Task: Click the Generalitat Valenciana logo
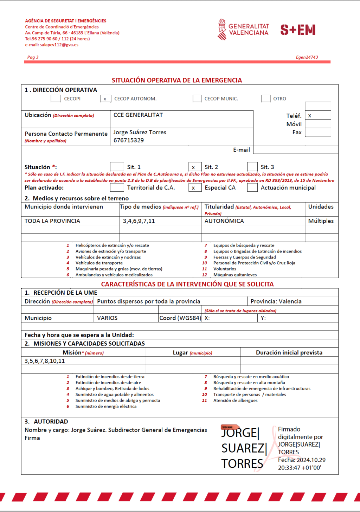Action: pos(243,30)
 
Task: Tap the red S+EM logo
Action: pos(298,30)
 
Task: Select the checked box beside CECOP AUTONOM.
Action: pos(105,99)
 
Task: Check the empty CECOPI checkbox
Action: pos(56,99)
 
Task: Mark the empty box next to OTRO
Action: pos(266,99)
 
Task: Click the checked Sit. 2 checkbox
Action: pos(194,167)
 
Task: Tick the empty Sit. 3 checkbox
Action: pos(252,167)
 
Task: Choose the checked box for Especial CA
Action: pos(194,188)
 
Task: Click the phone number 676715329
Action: pos(129,140)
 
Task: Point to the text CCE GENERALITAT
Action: pos(138,115)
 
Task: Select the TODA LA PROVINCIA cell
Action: pos(52,221)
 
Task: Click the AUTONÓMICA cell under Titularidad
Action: pos(224,221)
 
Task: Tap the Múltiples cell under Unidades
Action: pos(321,221)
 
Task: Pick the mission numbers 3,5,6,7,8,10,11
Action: pos(45,361)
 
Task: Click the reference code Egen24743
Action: pos(307,57)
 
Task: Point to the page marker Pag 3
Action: pos(33,57)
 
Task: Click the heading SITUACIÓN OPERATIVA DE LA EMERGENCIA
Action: pos(177,80)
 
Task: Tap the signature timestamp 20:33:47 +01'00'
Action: pos(300,468)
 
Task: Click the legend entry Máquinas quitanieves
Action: pos(235,275)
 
